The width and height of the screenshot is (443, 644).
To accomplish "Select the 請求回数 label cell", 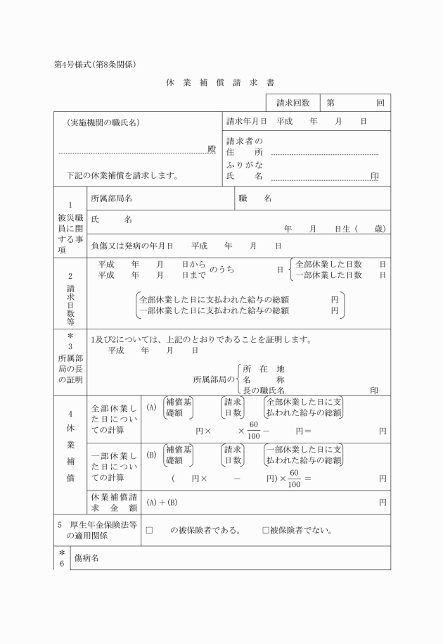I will [293, 103].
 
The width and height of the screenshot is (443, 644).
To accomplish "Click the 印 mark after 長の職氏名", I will [374, 389].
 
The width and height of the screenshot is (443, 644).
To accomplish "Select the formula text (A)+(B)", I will [162, 502].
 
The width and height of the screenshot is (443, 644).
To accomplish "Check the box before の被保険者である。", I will [149, 530].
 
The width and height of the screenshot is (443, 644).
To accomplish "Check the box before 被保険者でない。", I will [266, 530].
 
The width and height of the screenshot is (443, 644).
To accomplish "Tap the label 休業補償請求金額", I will [115, 502].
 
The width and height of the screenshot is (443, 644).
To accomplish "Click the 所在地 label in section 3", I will [263, 369].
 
